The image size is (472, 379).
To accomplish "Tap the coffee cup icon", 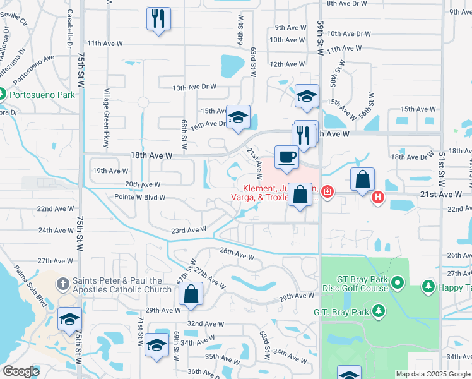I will [286, 157].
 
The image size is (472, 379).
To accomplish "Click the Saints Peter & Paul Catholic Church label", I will [122, 285].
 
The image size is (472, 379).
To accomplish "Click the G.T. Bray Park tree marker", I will [378, 311].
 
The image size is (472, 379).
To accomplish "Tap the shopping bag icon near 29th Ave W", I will [190, 294].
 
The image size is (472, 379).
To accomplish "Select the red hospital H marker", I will [377, 198].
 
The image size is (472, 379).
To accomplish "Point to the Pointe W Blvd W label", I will [139, 197].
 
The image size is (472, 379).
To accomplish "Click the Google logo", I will [21, 371].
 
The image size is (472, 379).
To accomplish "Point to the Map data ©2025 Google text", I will [433, 374].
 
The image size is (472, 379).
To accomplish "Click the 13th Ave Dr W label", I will [194, 87].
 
